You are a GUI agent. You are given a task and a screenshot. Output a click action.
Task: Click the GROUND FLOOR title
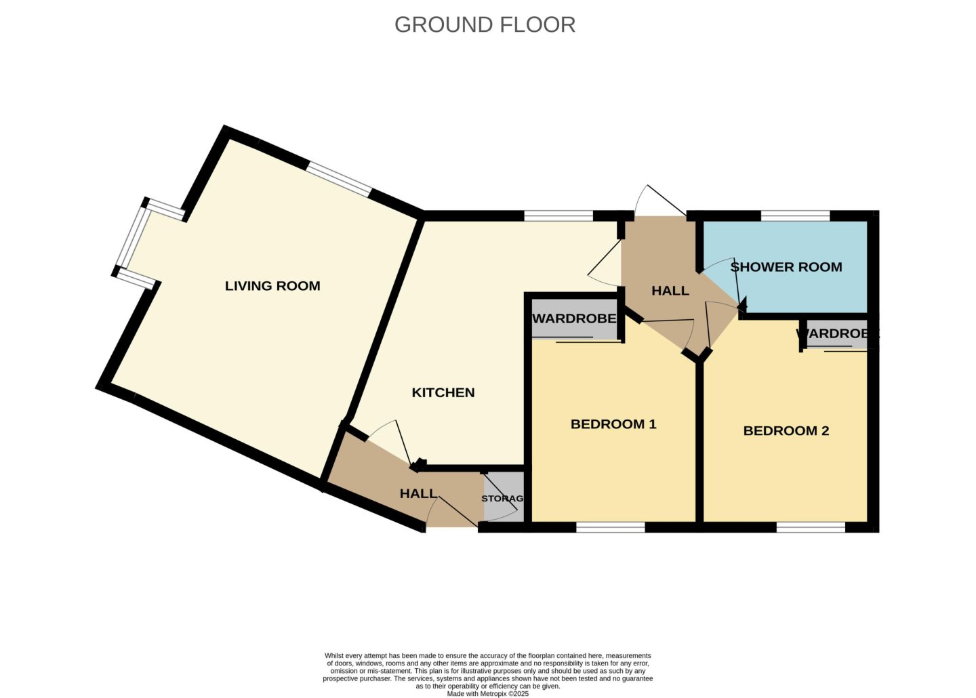tap(485, 25)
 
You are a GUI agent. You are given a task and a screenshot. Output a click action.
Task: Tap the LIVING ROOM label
tap(272, 286)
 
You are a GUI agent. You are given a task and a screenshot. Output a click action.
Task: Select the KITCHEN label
tap(443, 392)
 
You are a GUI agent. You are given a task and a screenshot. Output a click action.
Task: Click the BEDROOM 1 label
tap(613, 424)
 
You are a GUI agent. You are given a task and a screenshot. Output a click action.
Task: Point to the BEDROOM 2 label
tap(786, 431)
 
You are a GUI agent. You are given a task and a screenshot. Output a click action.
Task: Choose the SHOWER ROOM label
tap(786, 267)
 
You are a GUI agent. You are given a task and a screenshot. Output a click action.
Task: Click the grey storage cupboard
tap(504, 497)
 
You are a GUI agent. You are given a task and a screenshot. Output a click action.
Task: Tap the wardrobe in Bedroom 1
tap(574, 319)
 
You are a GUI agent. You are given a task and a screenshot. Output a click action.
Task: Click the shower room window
tap(795, 215)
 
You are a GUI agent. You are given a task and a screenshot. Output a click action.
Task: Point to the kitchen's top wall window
tap(558, 215)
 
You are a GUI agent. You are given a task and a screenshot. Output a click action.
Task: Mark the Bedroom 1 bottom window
tap(611, 528)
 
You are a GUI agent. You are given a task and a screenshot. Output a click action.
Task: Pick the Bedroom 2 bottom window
tap(811, 528)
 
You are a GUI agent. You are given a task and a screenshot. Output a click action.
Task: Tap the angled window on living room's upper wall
tap(340, 179)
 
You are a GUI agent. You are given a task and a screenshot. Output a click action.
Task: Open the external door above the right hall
tap(660, 201)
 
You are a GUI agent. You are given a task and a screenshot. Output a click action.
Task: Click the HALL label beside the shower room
tap(670, 291)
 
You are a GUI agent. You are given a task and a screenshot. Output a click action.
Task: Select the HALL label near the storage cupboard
tap(418, 493)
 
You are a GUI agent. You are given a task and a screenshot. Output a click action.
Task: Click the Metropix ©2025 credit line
tap(487, 694)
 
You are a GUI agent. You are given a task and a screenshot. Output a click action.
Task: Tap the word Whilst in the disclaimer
tap(333, 655)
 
